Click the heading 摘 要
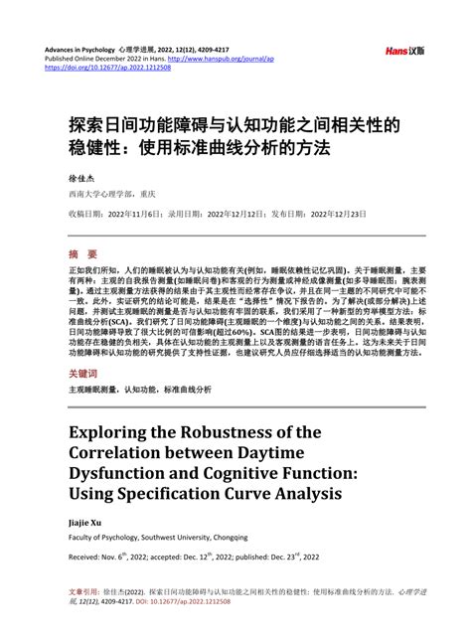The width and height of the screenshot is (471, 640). (x=83, y=253)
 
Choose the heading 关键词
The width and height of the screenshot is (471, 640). (x=84, y=375)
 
